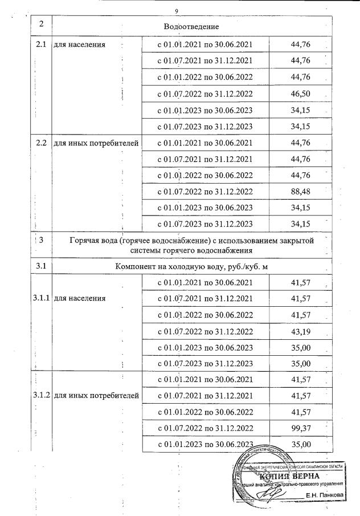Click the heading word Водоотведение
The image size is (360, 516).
pos(191,26)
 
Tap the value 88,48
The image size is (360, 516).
pos(300,192)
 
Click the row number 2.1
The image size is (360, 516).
pos(40,44)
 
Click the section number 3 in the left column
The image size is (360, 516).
pos(41,241)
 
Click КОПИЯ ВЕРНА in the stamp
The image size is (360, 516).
pos(291,476)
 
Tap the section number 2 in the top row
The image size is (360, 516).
pos(41,24)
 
